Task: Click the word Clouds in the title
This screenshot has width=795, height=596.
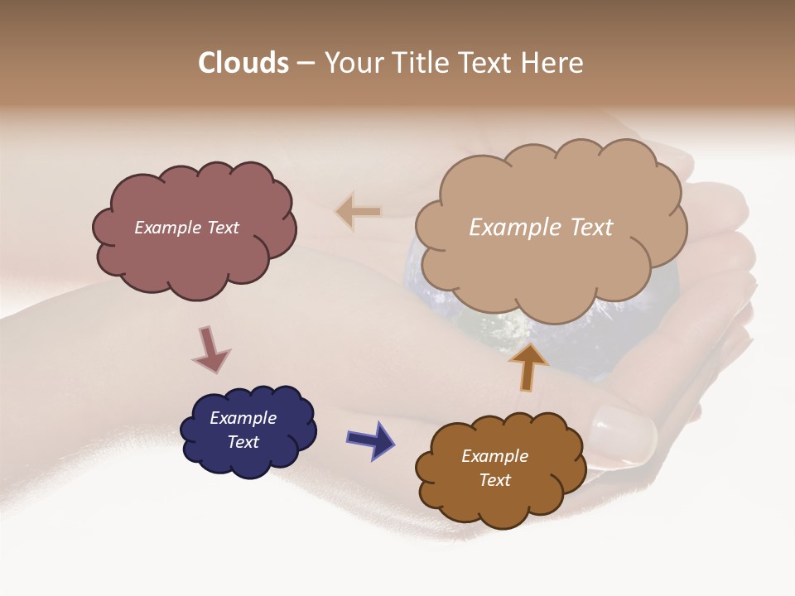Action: point(243,63)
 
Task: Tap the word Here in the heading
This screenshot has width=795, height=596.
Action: point(554,63)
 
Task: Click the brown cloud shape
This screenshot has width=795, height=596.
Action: point(497,501)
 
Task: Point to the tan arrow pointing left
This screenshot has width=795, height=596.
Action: point(358,212)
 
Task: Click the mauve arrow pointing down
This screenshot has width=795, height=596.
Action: point(210,349)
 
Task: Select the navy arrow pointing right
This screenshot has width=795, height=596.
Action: point(370,438)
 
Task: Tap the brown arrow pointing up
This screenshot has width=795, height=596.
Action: point(528,365)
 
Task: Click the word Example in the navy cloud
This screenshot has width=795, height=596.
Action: point(243,419)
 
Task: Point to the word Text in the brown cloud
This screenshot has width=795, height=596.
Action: point(494,480)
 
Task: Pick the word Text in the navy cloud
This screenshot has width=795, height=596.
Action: point(243,442)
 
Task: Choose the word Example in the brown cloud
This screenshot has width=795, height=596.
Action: point(494,456)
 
